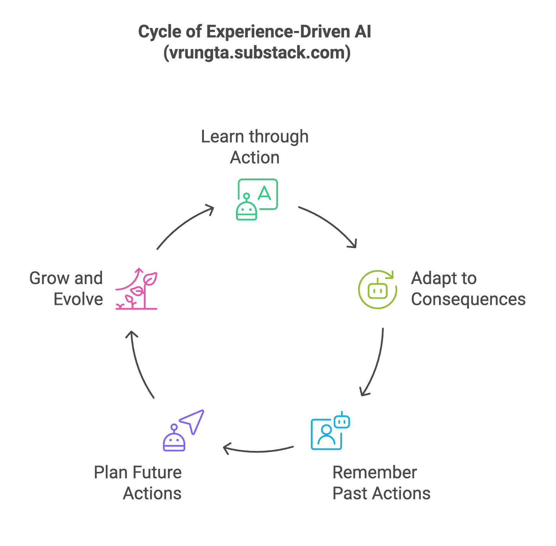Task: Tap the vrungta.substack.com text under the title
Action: coord(257,53)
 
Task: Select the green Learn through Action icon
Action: coord(257,199)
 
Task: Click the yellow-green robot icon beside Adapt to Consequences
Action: coord(378,289)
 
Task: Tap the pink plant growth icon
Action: coord(137,289)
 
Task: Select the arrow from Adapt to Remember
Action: coord(376,363)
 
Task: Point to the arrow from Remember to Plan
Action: coord(258,450)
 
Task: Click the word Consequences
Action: coord(468,299)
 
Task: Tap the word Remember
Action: coord(375,473)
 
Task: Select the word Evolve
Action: coord(78,299)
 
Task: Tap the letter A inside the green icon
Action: coord(265,193)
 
